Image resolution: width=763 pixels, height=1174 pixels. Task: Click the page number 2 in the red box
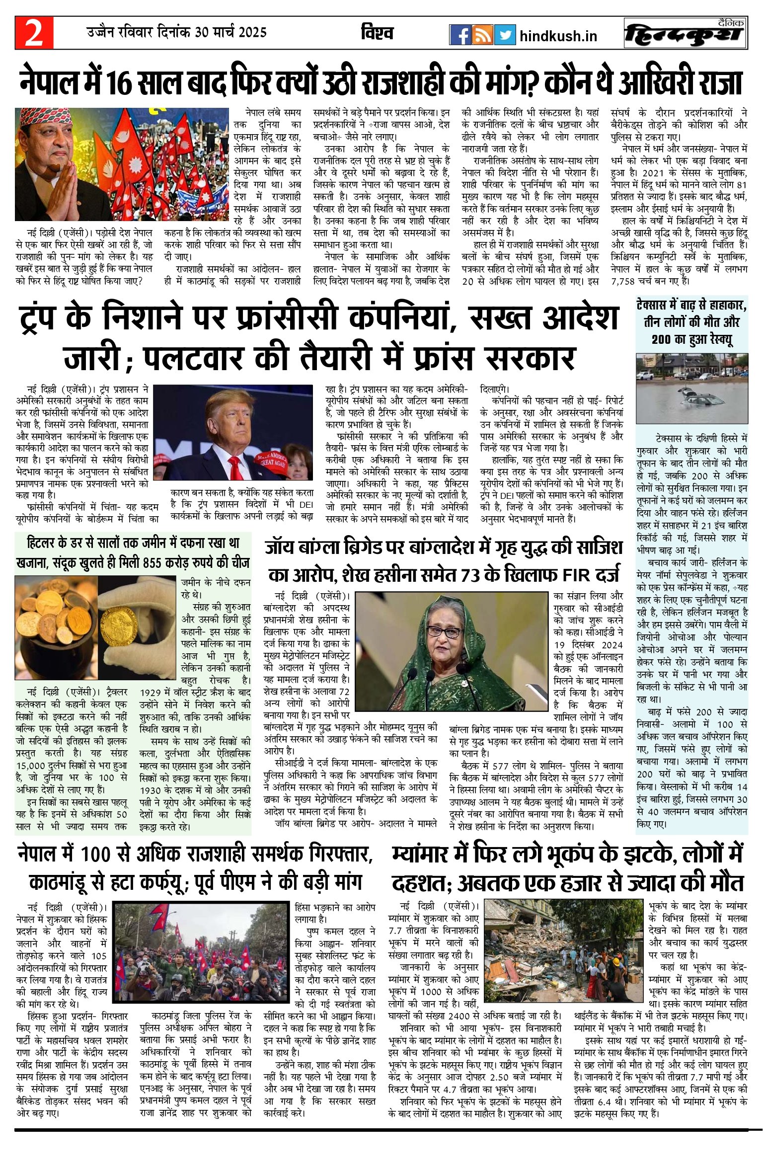pos(34,33)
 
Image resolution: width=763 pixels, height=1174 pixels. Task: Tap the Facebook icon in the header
pos(459,35)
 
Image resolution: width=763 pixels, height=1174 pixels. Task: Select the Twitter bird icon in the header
pos(504,35)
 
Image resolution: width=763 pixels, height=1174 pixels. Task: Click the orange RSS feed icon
pos(482,35)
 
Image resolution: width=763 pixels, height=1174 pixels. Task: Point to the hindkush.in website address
pos(558,36)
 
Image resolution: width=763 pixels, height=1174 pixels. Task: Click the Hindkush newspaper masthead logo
pos(686,34)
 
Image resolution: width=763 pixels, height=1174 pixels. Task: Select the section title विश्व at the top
pos(377,33)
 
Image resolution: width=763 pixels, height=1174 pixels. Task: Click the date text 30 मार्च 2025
pos(230,33)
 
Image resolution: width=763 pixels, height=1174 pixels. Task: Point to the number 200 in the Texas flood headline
pos(661,340)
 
